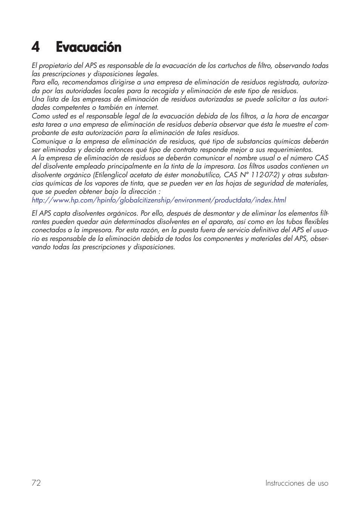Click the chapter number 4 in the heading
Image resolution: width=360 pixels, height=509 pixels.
click(x=35, y=47)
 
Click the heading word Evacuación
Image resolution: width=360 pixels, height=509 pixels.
click(x=89, y=47)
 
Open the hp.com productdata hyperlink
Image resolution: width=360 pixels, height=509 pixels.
click(x=159, y=200)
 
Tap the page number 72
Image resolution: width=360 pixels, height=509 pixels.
click(x=36, y=483)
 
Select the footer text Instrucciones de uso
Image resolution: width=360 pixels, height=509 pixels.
click(x=297, y=483)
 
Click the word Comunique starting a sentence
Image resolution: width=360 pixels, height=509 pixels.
click(x=49, y=141)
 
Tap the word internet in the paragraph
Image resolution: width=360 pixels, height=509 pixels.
click(x=145, y=108)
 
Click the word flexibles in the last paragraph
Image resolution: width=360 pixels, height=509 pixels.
click(x=316, y=222)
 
